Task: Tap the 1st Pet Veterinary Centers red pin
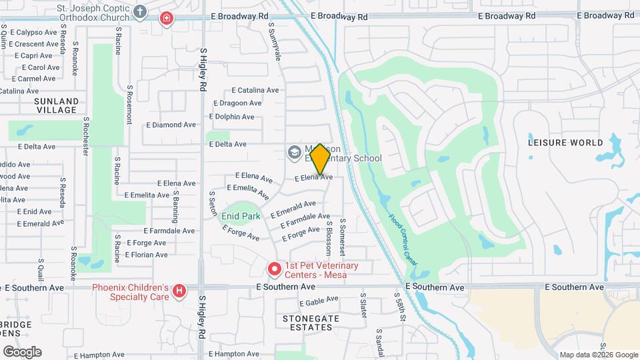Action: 274,269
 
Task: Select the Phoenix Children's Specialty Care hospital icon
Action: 179,291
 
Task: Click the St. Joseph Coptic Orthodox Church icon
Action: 140,11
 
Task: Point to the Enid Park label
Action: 241,216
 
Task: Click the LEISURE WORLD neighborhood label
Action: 565,143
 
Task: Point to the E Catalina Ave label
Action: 255,90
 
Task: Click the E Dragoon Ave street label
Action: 237,103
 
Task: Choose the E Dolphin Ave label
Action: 231,117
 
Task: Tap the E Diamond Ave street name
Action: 171,125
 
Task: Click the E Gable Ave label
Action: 319,302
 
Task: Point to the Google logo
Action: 22,351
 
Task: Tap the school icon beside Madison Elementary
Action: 293,153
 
